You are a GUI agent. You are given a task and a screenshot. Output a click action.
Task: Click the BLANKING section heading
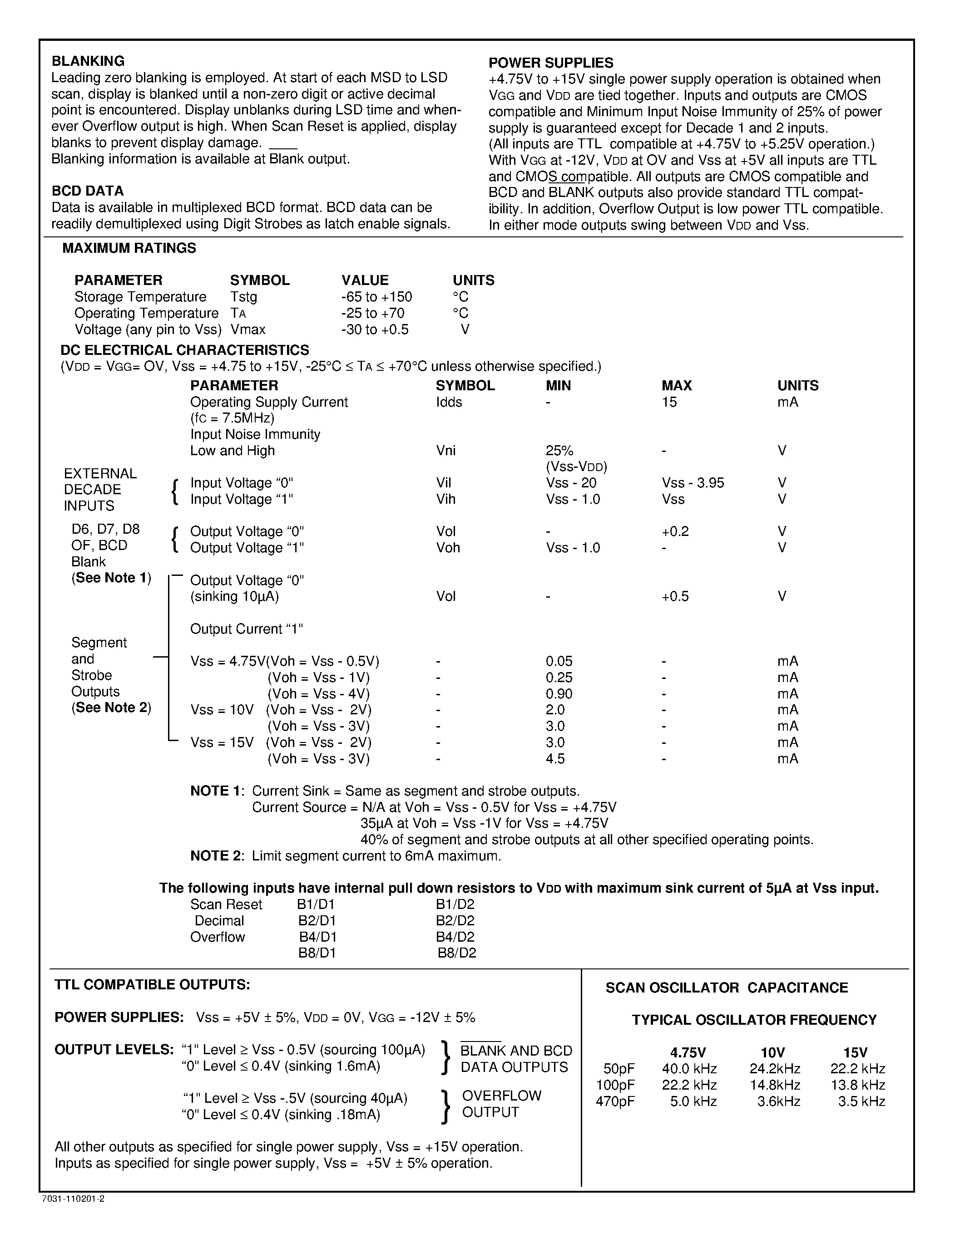(x=88, y=61)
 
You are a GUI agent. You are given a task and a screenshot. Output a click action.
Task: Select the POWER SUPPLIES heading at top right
(x=550, y=63)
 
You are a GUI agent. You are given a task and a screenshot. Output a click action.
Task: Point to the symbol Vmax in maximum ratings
(x=247, y=330)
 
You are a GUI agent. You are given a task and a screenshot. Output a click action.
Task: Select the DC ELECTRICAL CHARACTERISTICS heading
(x=185, y=350)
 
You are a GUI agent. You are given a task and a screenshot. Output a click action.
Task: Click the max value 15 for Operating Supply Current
(x=669, y=402)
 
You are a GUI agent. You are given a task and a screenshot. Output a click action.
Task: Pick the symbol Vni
(x=445, y=451)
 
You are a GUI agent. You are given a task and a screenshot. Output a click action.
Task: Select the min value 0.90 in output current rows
(x=559, y=694)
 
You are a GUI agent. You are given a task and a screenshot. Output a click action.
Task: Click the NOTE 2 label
(x=217, y=856)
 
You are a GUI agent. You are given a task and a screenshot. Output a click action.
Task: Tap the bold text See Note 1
(x=111, y=578)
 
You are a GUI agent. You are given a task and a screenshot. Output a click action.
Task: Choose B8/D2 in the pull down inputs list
(x=456, y=953)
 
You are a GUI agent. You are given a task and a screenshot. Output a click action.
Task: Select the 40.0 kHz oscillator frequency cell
(x=689, y=1069)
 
